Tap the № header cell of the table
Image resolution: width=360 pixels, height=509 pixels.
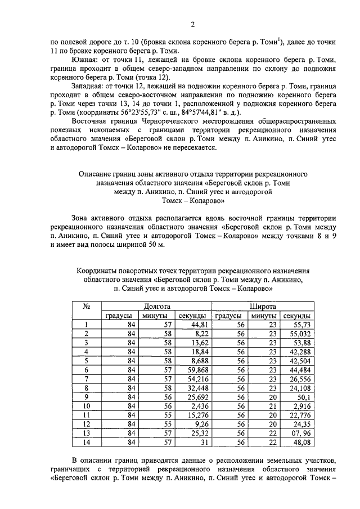click(87, 307)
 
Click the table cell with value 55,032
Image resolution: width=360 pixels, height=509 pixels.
click(299, 334)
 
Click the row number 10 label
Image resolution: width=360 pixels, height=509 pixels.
click(87, 406)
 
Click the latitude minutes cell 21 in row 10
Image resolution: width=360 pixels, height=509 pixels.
click(273, 406)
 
